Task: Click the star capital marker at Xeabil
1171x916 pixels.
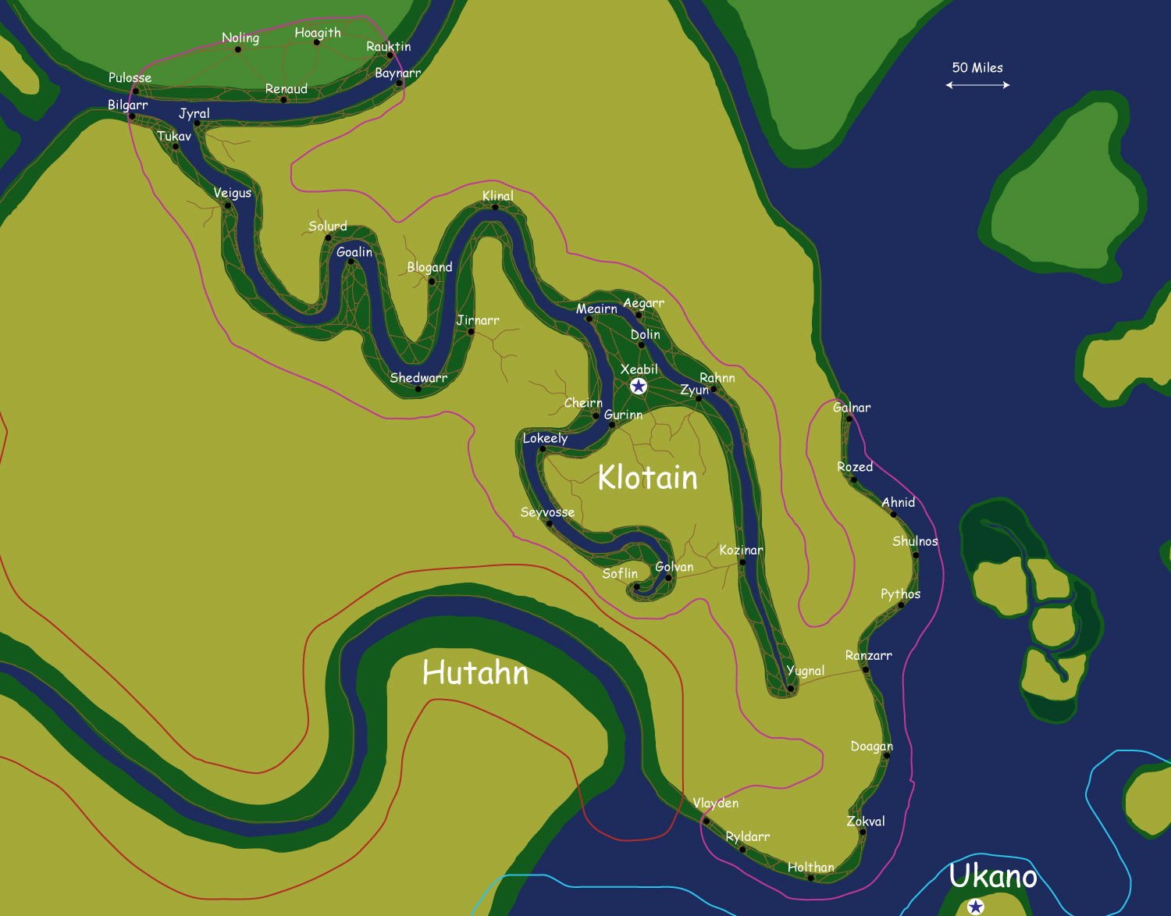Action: click(639, 386)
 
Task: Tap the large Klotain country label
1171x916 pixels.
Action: click(647, 477)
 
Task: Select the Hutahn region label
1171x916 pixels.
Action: click(475, 672)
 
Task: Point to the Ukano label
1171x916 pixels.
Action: click(992, 876)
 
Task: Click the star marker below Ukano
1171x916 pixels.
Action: click(975, 907)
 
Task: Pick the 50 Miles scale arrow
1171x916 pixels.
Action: click(977, 85)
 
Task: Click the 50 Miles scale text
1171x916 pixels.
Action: click(977, 68)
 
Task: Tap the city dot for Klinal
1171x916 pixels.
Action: click(495, 208)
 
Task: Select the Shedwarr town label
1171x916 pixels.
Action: click(418, 378)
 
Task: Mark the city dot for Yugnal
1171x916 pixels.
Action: click(790, 689)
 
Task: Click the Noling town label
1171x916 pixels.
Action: click(240, 37)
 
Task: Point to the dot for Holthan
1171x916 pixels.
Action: click(810, 879)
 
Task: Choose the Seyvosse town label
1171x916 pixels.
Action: click(547, 512)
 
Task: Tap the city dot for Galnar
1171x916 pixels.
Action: click(849, 419)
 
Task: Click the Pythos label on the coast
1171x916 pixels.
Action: click(900, 594)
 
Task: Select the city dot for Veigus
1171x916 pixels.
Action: click(227, 206)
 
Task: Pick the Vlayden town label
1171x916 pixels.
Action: click(715, 803)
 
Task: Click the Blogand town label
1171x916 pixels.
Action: click(429, 267)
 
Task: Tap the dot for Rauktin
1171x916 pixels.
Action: click(390, 55)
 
